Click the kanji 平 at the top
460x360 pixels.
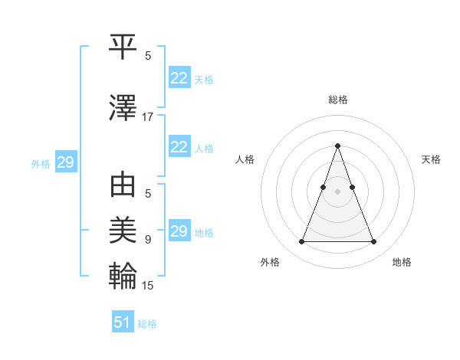point(123,47)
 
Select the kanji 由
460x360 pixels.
point(123,187)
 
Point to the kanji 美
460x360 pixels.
point(123,228)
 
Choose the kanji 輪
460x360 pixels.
point(123,274)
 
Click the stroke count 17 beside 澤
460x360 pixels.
point(148,117)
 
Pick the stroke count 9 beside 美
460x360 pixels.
point(148,240)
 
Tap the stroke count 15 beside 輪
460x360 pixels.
point(148,286)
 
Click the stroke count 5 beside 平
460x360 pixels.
point(148,56)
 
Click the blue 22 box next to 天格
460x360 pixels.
point(179,78)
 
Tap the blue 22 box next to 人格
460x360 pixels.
point(179,147)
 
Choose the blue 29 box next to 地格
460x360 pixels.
point(179,231)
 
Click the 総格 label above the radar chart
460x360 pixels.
point(337,100)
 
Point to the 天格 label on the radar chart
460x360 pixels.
point(431,159)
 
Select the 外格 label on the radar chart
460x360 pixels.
point(270,262)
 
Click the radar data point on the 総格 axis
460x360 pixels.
point(337,146)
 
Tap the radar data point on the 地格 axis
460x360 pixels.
point(373,242)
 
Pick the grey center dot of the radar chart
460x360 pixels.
point(337,191)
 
